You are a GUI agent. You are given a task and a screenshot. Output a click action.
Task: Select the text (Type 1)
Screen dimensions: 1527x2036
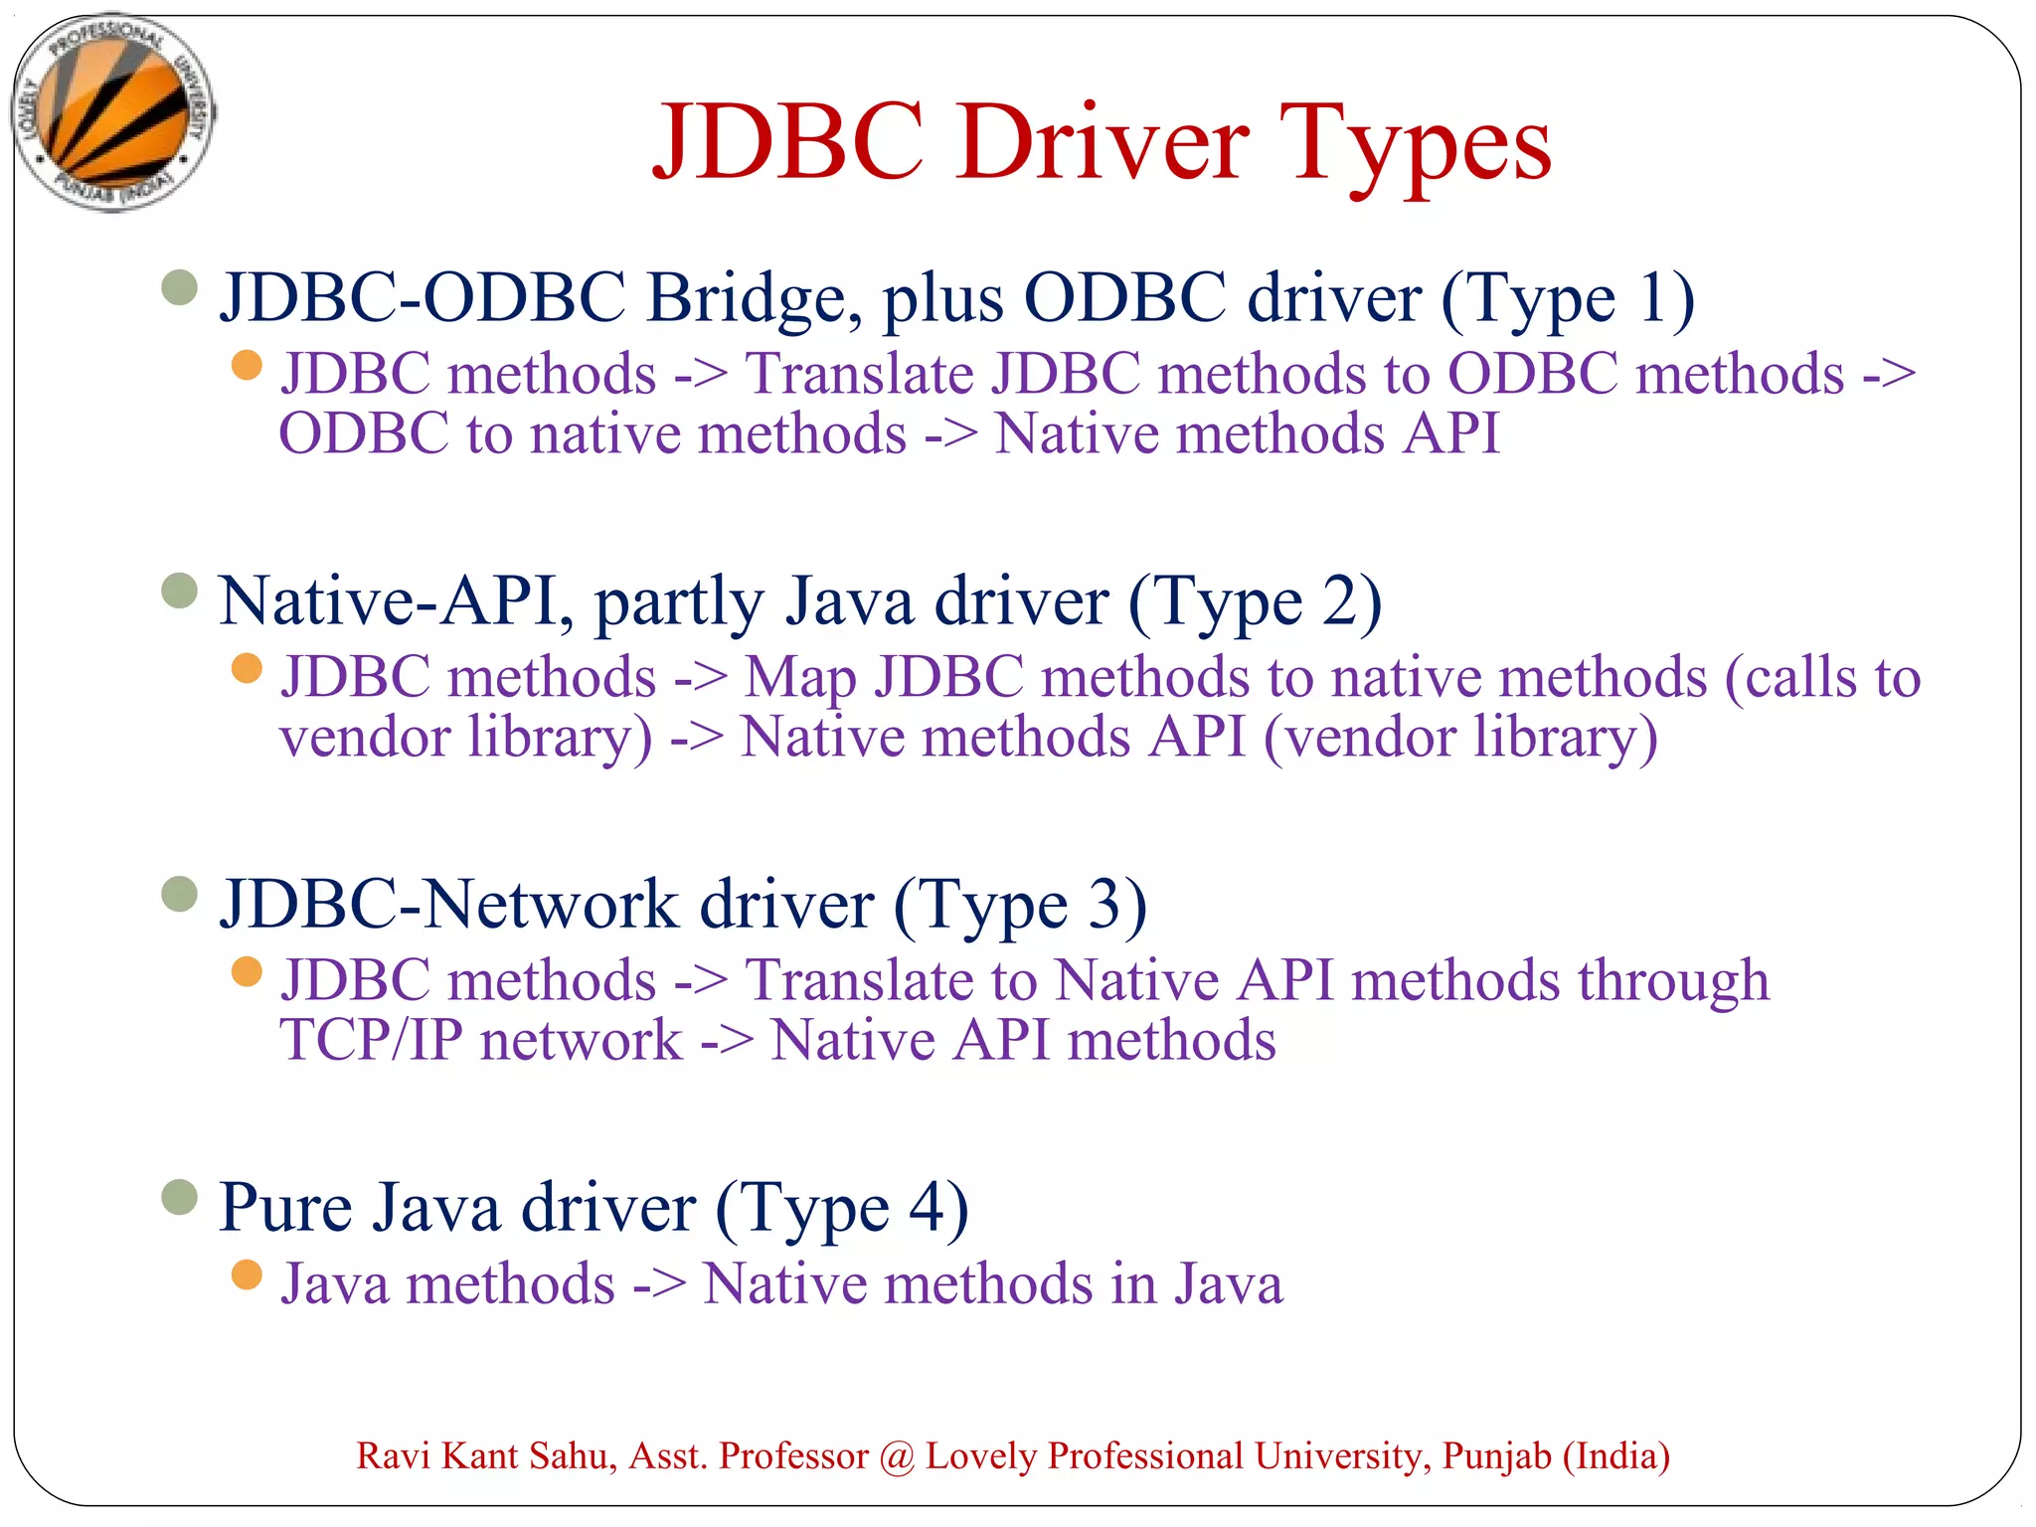click(1568, 297)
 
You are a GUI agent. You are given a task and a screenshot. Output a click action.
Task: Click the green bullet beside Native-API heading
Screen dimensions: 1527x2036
click(180, 591)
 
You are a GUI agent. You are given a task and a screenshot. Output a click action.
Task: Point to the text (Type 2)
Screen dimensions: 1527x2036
click(1255, 600)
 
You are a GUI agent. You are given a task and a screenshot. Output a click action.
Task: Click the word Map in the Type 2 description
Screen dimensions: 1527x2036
click(800, 678)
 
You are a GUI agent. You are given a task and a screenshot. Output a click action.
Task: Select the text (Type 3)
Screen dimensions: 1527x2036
click(1020, 904)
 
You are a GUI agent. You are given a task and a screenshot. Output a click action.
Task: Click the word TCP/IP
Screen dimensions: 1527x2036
click(372, 1040)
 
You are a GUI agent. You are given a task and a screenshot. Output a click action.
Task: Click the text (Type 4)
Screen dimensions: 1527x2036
click(842, 1207)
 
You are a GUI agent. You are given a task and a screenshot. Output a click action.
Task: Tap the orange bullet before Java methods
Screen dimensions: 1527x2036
click(246, 1273)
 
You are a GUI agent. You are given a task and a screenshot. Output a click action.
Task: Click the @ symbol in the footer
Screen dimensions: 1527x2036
click(897, 1455)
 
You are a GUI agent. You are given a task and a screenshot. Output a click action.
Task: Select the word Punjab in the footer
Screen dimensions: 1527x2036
click(1496, 1455)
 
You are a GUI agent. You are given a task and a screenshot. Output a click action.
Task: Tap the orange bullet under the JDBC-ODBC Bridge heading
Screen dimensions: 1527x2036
click(246, 365)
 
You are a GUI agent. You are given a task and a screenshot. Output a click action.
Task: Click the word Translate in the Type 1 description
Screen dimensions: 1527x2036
click(860, 374)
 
